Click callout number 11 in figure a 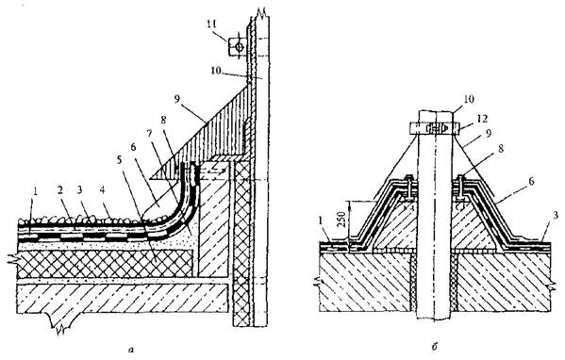tap(211, 25)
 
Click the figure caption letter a tap(131, 348)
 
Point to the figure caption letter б tap(434, 347)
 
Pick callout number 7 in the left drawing tap(151, 134)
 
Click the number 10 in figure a tap(217, 70)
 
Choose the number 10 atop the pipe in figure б tap(469, 98)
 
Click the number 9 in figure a tap(176, 99)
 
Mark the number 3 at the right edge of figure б tap(556, 216)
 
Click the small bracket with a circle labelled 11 tap(237, 47)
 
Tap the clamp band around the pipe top tap(435, 128)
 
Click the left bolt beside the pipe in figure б tap(408, 188)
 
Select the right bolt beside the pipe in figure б tap(461, 188)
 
